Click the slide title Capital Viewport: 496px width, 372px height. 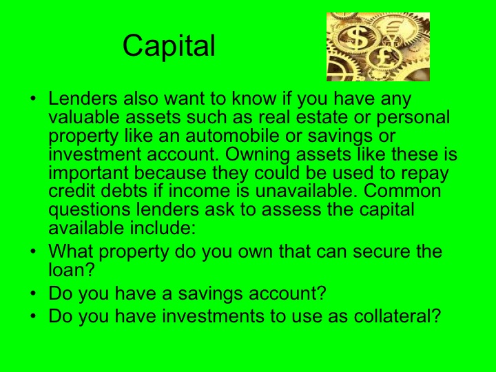click(x=169, y=46)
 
